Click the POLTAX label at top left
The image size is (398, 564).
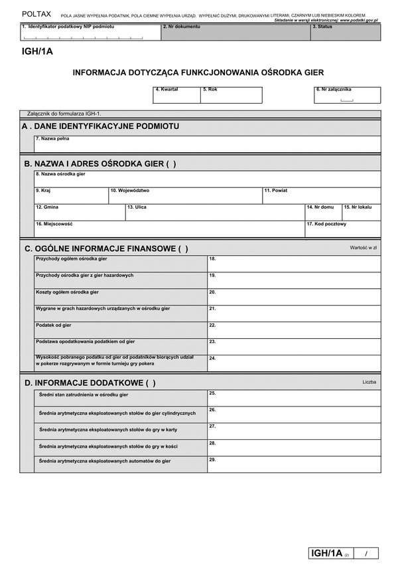click(36, 13)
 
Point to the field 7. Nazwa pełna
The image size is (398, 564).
click(207, 144)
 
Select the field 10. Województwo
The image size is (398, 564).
click(185, 196)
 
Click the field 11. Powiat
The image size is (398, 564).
click(321, 196)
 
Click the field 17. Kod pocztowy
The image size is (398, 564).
click(342, 229)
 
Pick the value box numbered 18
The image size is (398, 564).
click(294, 264)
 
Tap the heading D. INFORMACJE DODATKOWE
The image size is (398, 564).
click(90, 383)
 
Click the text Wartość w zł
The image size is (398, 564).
click(363, 248)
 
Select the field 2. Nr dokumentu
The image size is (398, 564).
click(235, 33)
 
